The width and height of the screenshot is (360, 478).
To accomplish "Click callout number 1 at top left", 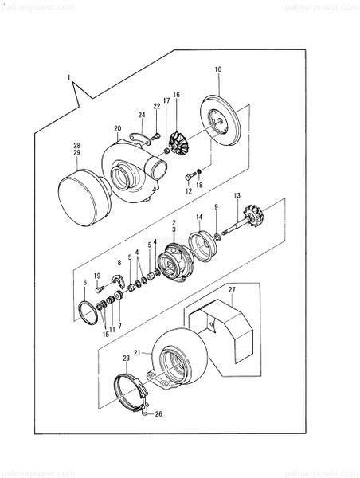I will coord(69,77).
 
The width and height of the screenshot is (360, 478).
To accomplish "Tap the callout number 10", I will coord(217,70).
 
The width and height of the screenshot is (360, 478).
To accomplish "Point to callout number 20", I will coord(117,128).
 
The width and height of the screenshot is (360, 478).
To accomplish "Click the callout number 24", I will coord(141,115).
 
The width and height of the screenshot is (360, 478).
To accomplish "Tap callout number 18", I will coord(200,184).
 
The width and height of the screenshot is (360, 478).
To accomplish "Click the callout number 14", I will coord(198,216).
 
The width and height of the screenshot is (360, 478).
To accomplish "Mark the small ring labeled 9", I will coord(217,236).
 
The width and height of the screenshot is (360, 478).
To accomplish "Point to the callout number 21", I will coord(136,351).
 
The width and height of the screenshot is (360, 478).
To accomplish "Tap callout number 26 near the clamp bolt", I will coord(158,414).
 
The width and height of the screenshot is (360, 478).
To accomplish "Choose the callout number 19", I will coord(96,276).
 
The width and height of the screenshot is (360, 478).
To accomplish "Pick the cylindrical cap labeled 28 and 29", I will coord(86,195).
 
